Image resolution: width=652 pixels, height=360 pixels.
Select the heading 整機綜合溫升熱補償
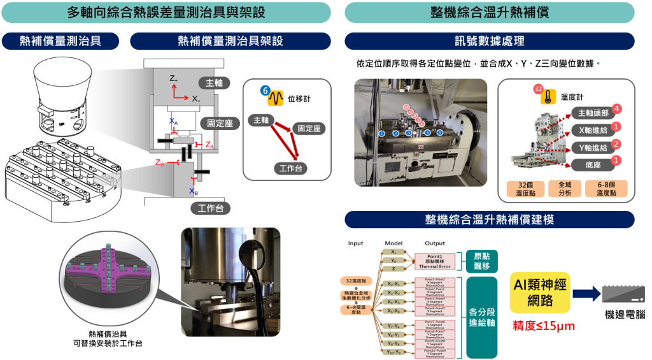pyautogui.click(x=489, y=12)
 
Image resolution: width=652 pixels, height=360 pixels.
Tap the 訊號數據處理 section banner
pyautogui.click(x=489, y=41)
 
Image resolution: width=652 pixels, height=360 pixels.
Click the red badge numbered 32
pyautogui.click(x=538, y=89)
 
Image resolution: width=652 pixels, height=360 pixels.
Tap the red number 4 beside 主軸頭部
pyautogui.click(x=616, y=109)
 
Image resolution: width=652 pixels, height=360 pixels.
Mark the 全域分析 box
pyautogui.click(x=565, y=189)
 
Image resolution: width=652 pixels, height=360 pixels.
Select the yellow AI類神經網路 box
pyautogui.click(x=538, y=294)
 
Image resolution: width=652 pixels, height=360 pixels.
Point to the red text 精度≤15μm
pyautogui.click(x=543, y=326)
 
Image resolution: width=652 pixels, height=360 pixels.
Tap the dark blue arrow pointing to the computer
pyautogui.click(x=586, y=294)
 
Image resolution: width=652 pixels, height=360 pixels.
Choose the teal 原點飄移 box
pyautogui.click(x=482, y=261)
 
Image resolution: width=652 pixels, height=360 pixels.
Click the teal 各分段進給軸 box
pyautogui.click(x=482, y=317)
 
